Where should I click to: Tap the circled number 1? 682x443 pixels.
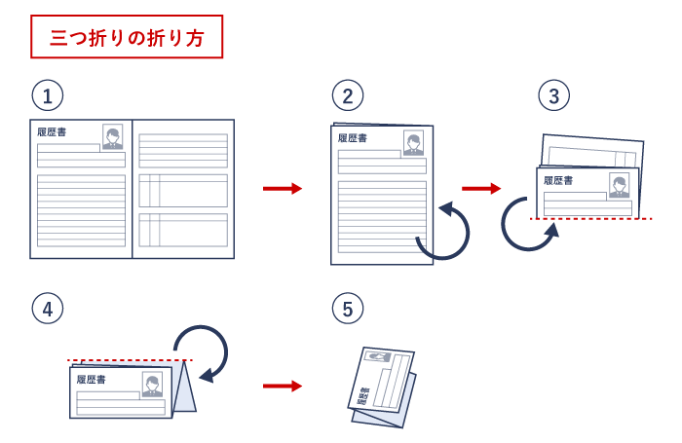[48, 95]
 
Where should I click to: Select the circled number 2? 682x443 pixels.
[348, 95]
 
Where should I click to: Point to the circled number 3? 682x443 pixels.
[553, 95]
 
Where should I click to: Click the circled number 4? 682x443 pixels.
[48, 309]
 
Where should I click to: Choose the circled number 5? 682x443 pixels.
[348, 309]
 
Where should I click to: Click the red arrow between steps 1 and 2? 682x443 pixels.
[283, 188]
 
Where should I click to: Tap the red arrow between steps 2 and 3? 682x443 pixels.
[481, 188]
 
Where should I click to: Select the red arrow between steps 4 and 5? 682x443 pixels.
[283, 386]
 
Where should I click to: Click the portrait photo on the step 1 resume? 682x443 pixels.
[113, 136]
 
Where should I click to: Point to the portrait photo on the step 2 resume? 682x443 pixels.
[414, 144]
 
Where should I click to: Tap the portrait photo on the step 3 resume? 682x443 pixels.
[619, 185]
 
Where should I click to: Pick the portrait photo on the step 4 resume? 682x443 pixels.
[152, 385]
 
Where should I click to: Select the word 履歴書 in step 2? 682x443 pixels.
[352, 138]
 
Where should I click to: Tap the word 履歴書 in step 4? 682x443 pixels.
[90, 379]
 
